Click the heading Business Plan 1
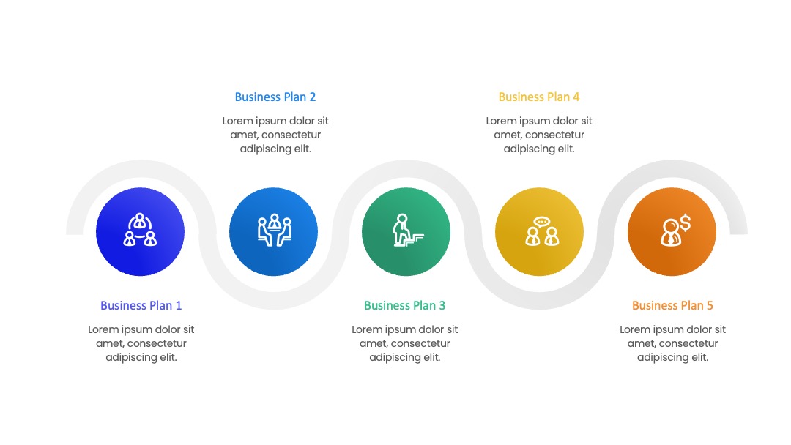pyautogui.click(x=141, y=305)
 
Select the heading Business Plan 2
pyautogui.click(x=275, y=97)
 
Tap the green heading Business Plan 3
pyautogui.click(x=404, y=305)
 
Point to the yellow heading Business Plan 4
pyautogui.click(x=539, y=97)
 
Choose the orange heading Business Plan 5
pyautogui.click(x=672, y=305)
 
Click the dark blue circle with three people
pyautogui.click(x=140, y=232)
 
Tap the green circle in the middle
pyautogui.click(x=406, y=232)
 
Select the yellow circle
pyautogui.click(x=539, y=232)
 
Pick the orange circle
pyautogui.click(x=672, y=232)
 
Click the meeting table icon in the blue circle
pyautogui.click(x=275, y=231)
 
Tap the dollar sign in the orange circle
pyautogui.click(x=685, y=222)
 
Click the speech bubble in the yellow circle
pyautogui.click(x=542, y=222)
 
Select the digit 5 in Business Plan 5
pyautogui.click(x=710, y=305)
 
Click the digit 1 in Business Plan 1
pyautogui.click(x=178, y=305)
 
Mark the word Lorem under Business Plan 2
pyautogui.click(x=237, y=121)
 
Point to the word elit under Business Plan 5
pyautogui.click(x=700, y=357)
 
